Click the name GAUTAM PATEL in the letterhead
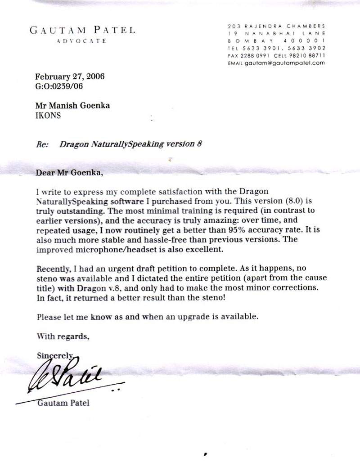tap(82, 31)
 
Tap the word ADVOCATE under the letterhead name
tap(82, 41)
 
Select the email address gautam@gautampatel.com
tap(285, 63)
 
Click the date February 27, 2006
tap(70, 76)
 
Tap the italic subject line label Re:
tap(41, 144)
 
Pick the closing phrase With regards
tap(59, 335)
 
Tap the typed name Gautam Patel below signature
tap(63, 402)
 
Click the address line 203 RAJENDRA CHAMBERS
tap(276, 26)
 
